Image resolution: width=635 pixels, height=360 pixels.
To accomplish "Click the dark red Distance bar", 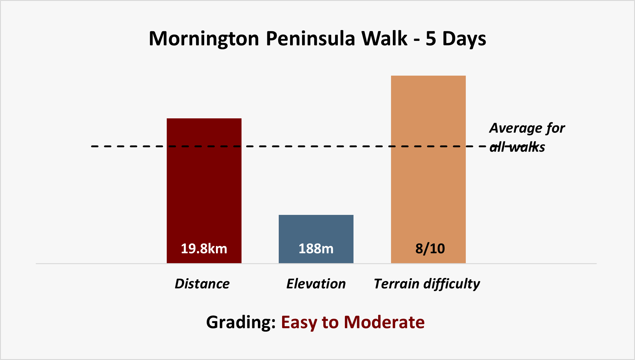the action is (x=204, y=191).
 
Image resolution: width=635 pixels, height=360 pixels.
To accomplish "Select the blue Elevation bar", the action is (x=316, y=239).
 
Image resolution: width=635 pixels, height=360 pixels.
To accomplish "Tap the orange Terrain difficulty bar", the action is (x=428, y=169).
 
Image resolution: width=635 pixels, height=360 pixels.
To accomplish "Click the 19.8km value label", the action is (x=204, y=249).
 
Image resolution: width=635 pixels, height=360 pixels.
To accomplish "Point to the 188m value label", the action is (x=316, y=249).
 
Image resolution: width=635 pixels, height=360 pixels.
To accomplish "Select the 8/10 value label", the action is (x=430, y=249).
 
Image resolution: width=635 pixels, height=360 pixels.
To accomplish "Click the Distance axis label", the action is (x=202, y=284).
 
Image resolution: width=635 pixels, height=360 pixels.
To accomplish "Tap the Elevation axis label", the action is (x=316, y=284).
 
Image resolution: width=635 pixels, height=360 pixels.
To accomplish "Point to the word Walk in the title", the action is (x=384, y=38).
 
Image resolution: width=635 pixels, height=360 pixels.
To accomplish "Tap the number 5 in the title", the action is (x=431, y=39).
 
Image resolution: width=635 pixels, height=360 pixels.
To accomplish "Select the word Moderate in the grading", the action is (x=384, y=322).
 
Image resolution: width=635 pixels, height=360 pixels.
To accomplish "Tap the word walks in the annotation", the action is (x=527, y=147).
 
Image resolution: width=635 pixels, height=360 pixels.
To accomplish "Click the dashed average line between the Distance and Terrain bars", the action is (x=316, y=146).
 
